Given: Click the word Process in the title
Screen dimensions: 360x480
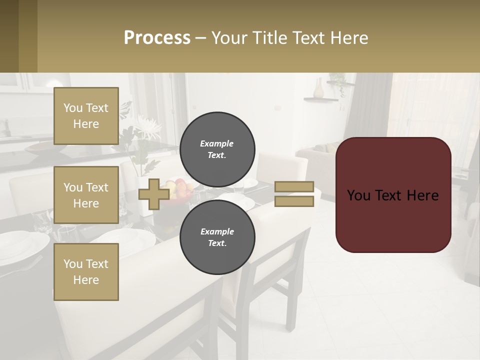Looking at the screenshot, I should click(x=157, y=38).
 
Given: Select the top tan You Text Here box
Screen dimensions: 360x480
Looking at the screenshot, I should click(x=86, y=116).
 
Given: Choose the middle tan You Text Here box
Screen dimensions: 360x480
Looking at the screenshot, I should click(x=86, y=195).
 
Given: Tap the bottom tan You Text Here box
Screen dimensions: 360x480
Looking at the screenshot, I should click(x=86, y=272).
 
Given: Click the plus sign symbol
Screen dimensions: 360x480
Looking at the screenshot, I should click(x=153, y=194).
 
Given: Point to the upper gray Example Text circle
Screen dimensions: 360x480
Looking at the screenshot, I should click(x=217, y=149).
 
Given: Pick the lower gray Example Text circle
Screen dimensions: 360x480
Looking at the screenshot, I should click(x=217, y=237).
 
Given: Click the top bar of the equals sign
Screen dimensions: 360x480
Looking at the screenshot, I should click(x=294, y=187).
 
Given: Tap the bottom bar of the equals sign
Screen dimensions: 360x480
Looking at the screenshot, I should click(x=294, y=201).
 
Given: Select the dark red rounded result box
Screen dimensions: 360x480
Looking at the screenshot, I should click(x=393, y=195).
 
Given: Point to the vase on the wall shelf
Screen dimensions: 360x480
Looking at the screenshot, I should click(x=318, y=88).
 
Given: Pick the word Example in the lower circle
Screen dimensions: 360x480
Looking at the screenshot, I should click(x=217, y=231).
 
